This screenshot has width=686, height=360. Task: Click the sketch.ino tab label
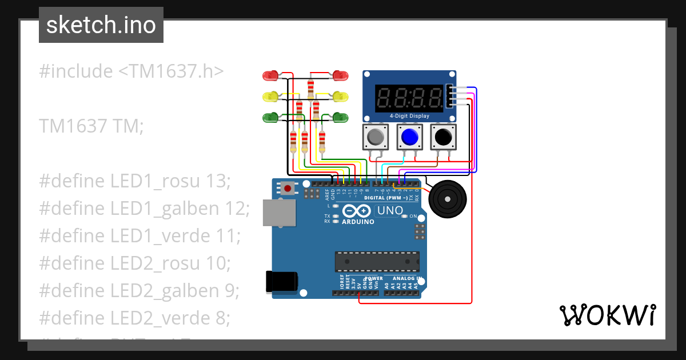coord(101,25)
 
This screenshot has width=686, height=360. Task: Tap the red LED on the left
coord(269,75)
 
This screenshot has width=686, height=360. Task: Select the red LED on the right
coord(341,75)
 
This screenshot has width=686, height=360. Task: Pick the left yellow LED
coord(269,97)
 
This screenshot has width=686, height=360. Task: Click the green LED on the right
coord(341,117)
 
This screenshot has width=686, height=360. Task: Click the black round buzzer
coord(447,199)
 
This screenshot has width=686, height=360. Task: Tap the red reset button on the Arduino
coord(288,187)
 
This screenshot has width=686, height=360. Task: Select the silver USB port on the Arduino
coord(279,213)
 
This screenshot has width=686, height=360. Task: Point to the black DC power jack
coord(281,281)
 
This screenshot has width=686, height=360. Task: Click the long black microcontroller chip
coord(377,262)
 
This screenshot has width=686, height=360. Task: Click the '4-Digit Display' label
coord(409,116)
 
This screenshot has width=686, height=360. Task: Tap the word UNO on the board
coord(390,211)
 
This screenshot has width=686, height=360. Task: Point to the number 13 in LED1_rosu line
coord(218,181)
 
